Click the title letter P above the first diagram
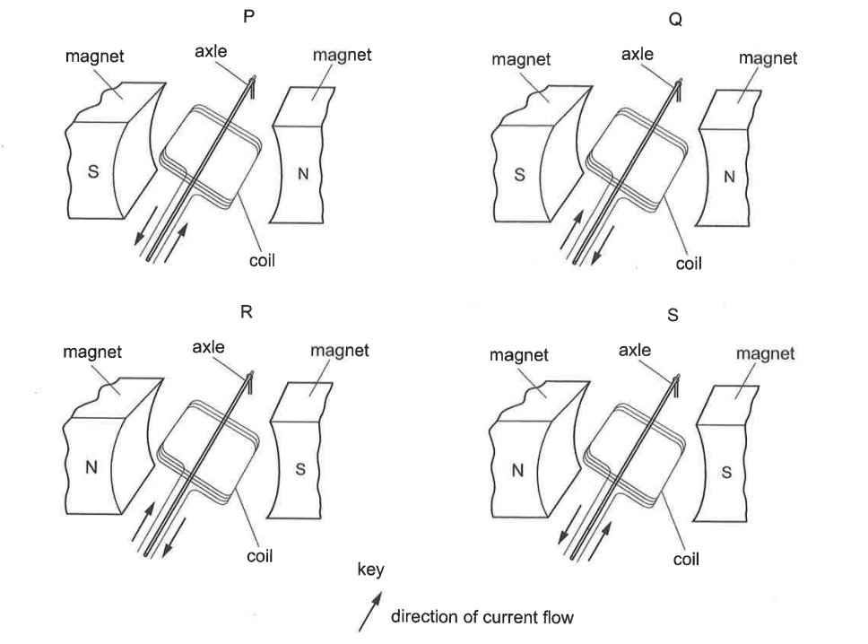pyautogui.click(x=248, y=16)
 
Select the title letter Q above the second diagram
pyautogui.click(x=675, y=20)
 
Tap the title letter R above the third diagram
pyautogui.click(x=247, y=312)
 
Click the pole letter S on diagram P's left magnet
pyautogui.click(x=93, y=171)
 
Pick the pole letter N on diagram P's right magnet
pyautogui.click(x=303, y=174)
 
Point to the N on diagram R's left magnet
pyautogui.click(x=91, y=468)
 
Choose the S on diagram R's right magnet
pyautogui.click(x=300, y=470)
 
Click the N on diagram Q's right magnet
pyautogui.click(x=729, y=177)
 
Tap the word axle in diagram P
pyautogui.click(x=211, y=51)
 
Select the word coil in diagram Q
pyautogui.click(x=689, y=264)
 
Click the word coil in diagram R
pyautogui.click(x=260, y=556)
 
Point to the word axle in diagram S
pyautogui.click(x=635, y=350)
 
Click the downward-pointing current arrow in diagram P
pyautogui.click(x=146, y=225)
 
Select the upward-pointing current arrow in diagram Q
pyautogui.click(x=572, y=230)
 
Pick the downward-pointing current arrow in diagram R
pyautogui.click(x=174, y=537)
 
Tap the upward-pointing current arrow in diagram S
pyautogui.click(x=600, y=541)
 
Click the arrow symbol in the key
pyautogui.click(x=369, y=612)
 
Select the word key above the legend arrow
pyautogui.click(x=371, y=570)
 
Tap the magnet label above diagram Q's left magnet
pyautogui.click(x=521, y=59)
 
